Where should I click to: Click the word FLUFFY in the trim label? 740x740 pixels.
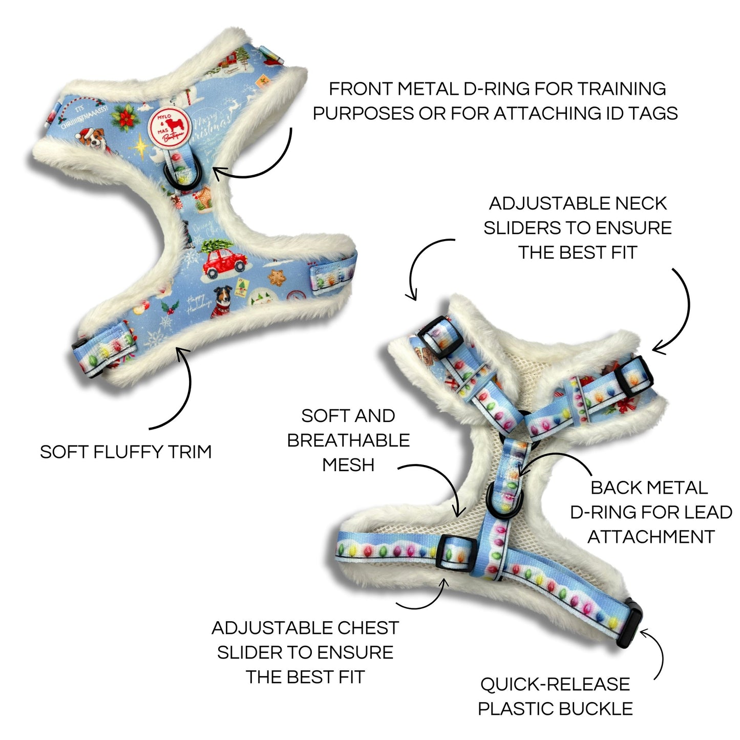point(135,452)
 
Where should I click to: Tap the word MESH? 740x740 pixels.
point(348,465)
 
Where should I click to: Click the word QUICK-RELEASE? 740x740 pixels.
point(555,684)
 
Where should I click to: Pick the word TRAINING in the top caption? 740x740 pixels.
point(622,89)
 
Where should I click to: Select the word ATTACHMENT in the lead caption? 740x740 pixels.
point(650,537)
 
